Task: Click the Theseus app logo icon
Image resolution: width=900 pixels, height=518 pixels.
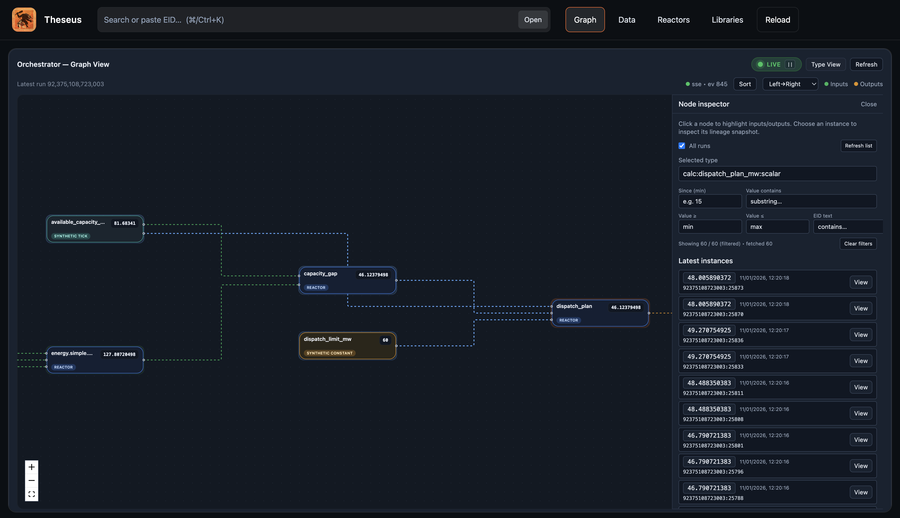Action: coord(24,20)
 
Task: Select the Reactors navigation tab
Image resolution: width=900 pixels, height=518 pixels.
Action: coord(673,20)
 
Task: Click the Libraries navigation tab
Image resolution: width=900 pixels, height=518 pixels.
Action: coord(727,20)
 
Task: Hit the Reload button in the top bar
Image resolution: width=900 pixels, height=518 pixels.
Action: coord(777,20)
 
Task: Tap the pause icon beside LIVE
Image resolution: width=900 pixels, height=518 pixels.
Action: coord(790,64)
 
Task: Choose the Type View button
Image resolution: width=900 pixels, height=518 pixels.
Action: coord(825,64)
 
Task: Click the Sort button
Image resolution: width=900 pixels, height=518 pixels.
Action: coord(745,84)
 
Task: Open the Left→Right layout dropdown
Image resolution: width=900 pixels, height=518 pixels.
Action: coord(790,84)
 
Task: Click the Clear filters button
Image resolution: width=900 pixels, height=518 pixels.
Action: coord(858,244)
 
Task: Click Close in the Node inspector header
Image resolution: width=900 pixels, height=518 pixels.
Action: coord(868,104)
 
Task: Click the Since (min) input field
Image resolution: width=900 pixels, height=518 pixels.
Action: coord(709,201)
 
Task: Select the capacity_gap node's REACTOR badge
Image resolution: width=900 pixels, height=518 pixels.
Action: coord(316,287)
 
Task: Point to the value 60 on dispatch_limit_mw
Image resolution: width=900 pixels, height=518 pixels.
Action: coord(385,340)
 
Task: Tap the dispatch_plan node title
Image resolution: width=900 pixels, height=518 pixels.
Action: coord(574,306)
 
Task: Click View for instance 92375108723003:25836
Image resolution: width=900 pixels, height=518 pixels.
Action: coord(861,335)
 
